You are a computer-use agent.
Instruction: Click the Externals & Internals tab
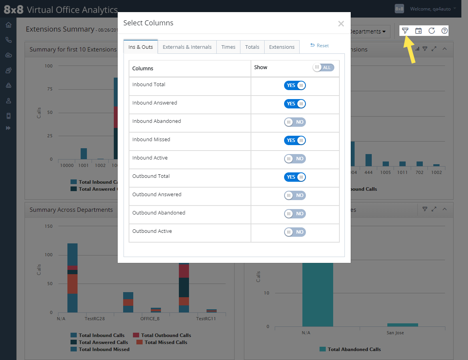coord(187,47)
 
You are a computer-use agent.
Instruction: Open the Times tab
coord(228,47)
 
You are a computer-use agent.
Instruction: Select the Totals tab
coord(252,47)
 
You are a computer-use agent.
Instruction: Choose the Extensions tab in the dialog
coord(282,47)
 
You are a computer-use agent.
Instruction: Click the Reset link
coord(320,46)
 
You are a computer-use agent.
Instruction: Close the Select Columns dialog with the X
coord(341,24)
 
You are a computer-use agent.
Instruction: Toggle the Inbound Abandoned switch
coord(295,122)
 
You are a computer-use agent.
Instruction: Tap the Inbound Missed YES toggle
coord(295,140)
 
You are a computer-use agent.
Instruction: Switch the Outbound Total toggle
coord(295,177)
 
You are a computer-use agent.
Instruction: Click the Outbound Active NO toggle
coord(295,232)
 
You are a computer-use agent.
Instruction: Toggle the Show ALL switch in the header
coord(323,67)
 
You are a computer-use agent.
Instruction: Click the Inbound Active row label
coord(150,158)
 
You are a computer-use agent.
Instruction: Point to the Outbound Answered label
coord(157,195)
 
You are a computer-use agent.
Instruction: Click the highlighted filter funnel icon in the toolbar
coord(405,31)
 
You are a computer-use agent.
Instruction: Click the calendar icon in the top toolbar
coord(419,31)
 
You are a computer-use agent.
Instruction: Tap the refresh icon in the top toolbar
coord(431,31)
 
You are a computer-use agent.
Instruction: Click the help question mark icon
coord(445,31)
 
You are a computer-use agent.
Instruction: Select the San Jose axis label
coord(395,333)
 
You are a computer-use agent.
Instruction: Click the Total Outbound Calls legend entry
coord(166,335)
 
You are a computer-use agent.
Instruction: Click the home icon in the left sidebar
coord(9,25)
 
